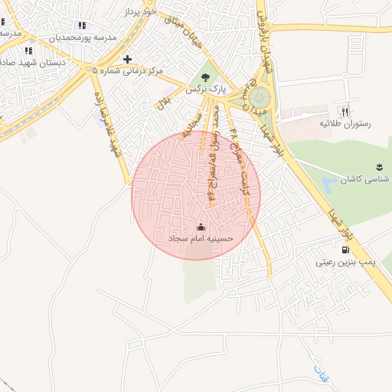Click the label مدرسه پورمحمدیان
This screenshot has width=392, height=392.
point(82,38)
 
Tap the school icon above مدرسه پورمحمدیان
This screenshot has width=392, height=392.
point(82,26)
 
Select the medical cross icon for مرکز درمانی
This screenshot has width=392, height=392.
point(127,59)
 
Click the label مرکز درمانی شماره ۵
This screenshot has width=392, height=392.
point(127,71)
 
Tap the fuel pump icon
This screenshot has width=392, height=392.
point(346,250)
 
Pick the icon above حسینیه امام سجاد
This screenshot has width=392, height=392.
point(201,227)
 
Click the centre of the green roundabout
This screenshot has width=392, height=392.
point(260,98)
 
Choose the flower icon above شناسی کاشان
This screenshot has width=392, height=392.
point(379,167)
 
